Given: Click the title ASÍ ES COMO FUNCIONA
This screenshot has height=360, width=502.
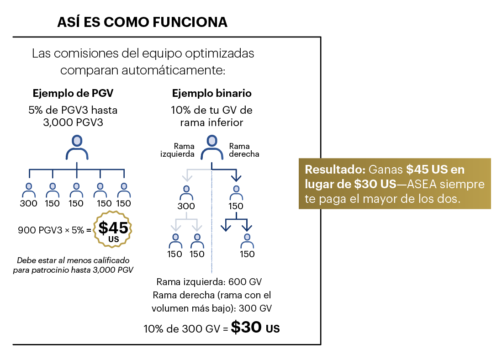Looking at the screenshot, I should coord(142,22).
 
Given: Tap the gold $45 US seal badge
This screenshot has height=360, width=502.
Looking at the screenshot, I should coord(112,229).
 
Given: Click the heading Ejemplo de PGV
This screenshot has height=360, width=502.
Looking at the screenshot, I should coord(73,93).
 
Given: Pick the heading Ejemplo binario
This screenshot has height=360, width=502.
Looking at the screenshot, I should coord(211,93).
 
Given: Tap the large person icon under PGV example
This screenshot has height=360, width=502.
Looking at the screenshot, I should coord(77,147).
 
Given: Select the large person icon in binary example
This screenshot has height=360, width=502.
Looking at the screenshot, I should coord(211,147).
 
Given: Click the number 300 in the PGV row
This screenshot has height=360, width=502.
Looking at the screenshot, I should coord(28,203).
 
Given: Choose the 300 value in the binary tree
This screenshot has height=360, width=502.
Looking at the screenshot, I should coord(186,206).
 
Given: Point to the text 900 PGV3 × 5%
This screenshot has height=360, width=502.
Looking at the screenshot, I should coord(51,230).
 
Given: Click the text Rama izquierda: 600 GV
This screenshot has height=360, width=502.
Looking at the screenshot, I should coord(209,282).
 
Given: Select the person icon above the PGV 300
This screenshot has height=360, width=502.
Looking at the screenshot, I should coord(29,188).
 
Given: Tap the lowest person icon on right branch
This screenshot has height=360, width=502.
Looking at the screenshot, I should coord(247,239).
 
